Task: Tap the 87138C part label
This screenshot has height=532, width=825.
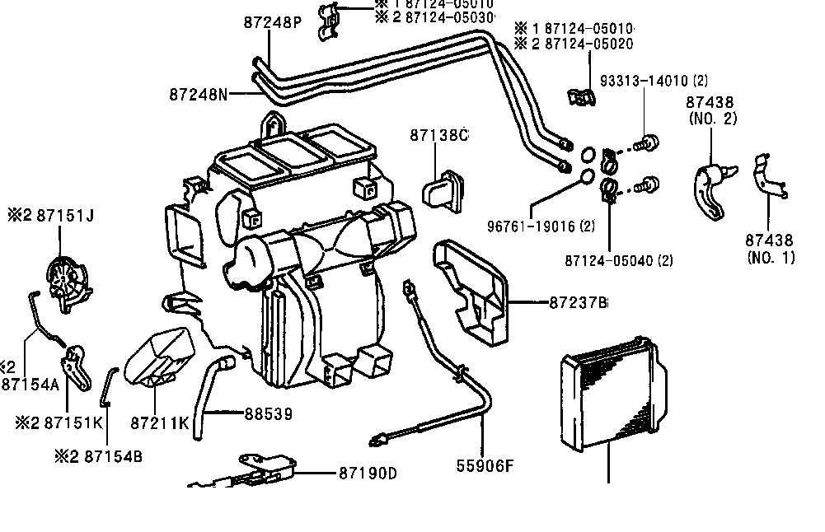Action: coord(438,134)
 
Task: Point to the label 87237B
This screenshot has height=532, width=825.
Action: coord(577,303)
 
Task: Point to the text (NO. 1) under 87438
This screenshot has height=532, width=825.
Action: coord(771,258)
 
